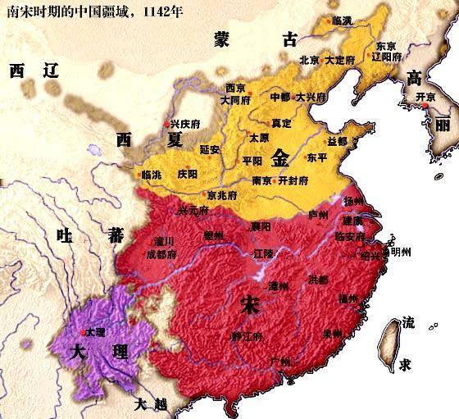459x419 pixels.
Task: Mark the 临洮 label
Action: click(x=151, y=175)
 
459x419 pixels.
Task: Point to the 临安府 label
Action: click(x=352, y=236)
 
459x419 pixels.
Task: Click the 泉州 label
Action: click(x=332, y=334)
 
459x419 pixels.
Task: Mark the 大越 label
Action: click(x=153, y=404)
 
